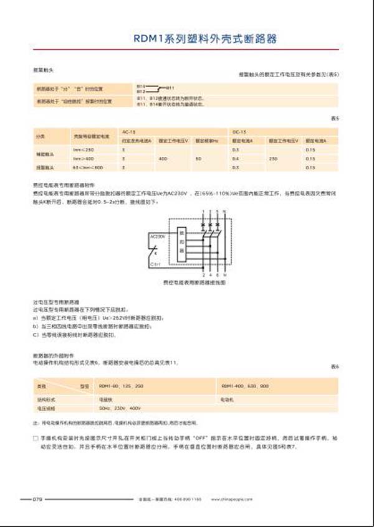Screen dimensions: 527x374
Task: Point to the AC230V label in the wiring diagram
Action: (158, 237)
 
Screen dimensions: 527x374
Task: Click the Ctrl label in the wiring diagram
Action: (157, 264)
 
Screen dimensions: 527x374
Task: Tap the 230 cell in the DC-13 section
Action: (272, 159)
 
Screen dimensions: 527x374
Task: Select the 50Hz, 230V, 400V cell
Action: (117, 408)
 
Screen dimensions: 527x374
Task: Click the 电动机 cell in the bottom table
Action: (227, 399)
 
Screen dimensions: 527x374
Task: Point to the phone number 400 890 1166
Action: (188, 499)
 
